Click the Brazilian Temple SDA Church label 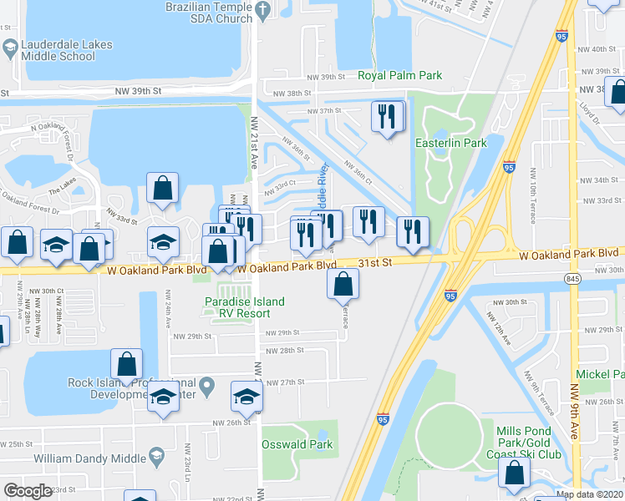211,12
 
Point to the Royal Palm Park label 400,75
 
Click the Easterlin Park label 451,143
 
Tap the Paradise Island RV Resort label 245,307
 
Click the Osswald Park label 297,444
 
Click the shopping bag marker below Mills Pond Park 515,473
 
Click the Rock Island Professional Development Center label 133,388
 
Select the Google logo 28,490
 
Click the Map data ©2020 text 590,494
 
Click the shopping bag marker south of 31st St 343,284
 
